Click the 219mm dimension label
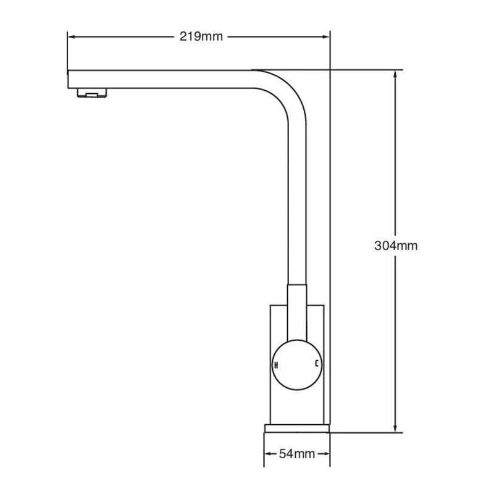[201, 36]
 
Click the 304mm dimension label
[396, 246]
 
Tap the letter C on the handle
[317, 364]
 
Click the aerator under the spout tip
[92, 94]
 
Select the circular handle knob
[296, 364]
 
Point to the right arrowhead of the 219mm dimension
[327, 37]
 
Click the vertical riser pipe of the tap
[297, 204]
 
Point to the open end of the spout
[69, 79]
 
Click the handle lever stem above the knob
[297, 309]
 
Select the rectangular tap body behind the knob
[278, 401]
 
